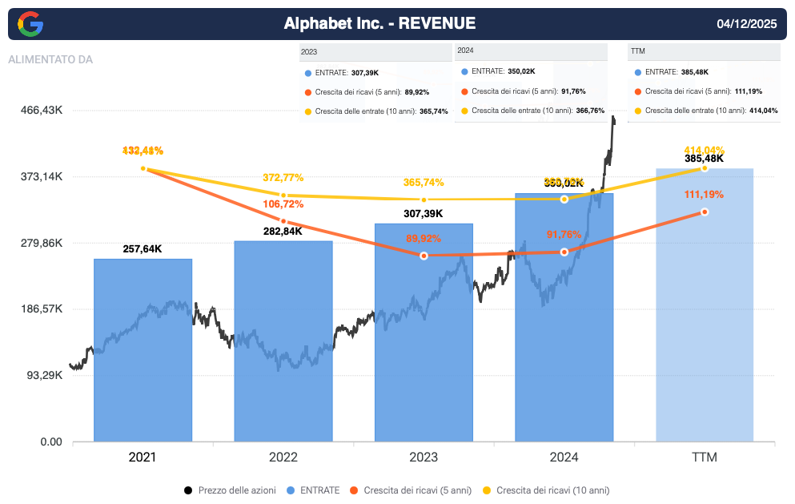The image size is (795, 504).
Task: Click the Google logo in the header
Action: coord(30,24)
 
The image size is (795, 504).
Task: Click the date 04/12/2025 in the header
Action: coord(746,24)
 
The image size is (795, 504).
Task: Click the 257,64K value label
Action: coord(143,249)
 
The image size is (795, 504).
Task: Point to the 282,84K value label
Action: coord(283,232)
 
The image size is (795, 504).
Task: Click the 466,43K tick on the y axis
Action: coord(42,111)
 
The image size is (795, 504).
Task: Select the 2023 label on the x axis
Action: coord(424,458)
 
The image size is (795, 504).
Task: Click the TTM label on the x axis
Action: coord(705,458)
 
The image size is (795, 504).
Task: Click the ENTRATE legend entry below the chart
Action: coord(319,490)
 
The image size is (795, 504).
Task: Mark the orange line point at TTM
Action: coord(705,212)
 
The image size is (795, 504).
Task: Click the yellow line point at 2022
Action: coord(283,195)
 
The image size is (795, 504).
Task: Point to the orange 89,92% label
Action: coord(424,238)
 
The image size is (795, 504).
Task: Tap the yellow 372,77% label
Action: coord(283,177)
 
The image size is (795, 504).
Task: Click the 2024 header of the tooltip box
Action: coord(466,50)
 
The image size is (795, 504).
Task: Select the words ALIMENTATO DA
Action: coord(50,59)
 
